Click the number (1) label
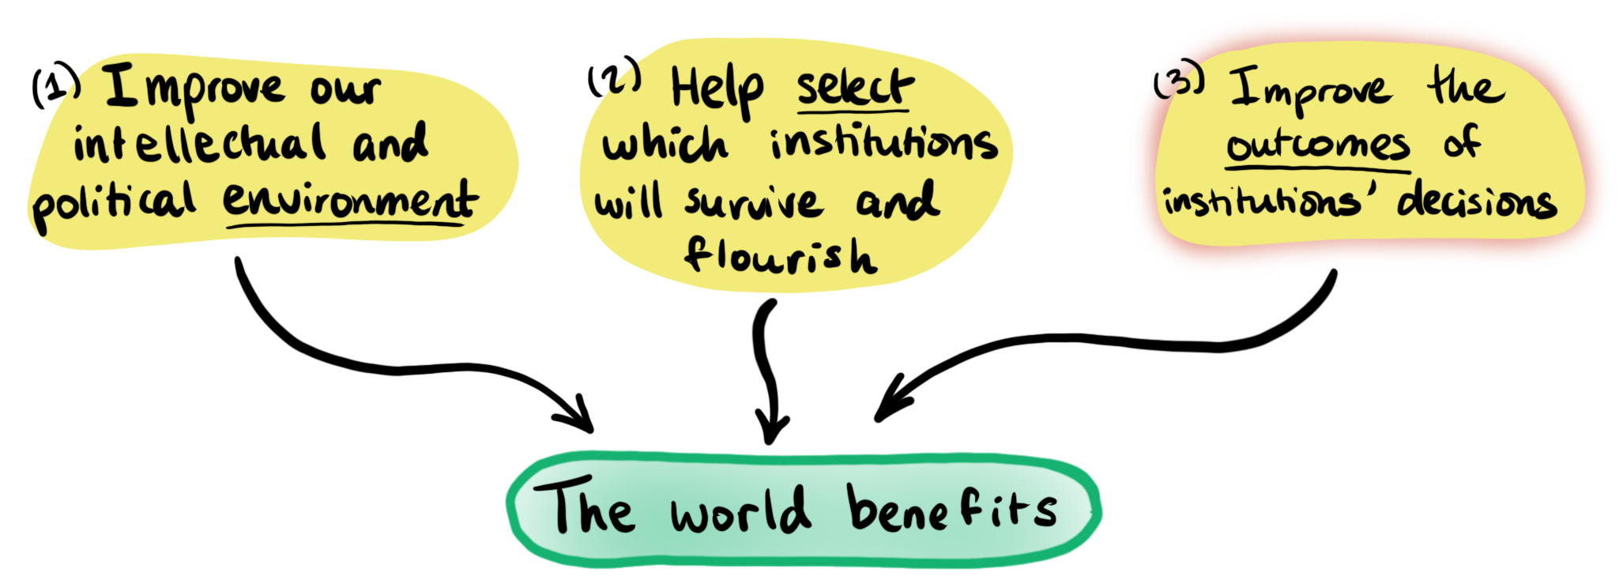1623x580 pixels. (55, 85)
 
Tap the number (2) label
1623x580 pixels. (614, 78)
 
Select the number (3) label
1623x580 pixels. (1178, 80)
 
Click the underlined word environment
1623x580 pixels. (349, 200)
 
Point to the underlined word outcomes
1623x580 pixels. (1317, 145)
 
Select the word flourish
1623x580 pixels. (780, 254)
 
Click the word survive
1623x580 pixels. (754, 202)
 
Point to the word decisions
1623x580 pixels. (1476, 201)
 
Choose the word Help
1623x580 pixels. (717, 89)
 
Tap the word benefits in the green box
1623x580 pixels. (951, 508)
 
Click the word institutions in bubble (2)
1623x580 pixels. (883, 144)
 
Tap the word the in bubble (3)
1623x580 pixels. (1466, 87)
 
